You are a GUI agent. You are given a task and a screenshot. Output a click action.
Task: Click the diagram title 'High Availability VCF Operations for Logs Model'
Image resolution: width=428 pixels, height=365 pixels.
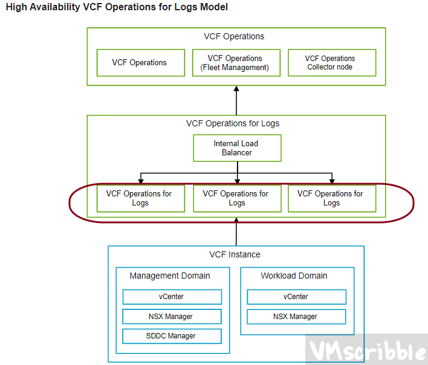tap(117, 8)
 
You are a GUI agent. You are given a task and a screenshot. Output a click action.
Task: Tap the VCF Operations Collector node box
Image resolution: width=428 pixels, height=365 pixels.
tap(331, 63)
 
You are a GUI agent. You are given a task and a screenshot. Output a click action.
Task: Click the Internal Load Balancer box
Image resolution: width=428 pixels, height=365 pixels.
tap(237, 148)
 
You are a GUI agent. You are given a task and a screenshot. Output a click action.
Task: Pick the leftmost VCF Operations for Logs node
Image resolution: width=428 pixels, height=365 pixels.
tap(140, 198)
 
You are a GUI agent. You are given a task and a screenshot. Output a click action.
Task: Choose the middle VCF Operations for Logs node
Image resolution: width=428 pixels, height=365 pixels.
tap(237, 198)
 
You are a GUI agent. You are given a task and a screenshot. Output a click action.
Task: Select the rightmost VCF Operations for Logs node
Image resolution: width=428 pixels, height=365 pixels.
tap(331, 198)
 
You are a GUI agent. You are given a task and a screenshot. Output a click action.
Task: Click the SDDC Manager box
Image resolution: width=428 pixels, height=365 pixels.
tap(172, 336)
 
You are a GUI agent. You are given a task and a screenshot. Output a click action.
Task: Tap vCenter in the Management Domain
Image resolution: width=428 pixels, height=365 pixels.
tap(172, 297)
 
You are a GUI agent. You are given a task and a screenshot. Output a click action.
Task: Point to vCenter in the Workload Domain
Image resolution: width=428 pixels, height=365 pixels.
tap(296, 297)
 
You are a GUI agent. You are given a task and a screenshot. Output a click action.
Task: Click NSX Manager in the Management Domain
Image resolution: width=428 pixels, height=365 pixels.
tap(172, 316)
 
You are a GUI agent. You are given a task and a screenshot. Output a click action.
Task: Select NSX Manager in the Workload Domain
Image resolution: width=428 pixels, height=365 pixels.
tap(296, 316)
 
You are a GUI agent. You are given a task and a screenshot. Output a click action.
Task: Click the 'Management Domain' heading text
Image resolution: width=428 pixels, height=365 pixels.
tap(170, 276)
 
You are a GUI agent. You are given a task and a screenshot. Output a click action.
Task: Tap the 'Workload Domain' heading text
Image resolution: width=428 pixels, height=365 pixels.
tap(294, 276)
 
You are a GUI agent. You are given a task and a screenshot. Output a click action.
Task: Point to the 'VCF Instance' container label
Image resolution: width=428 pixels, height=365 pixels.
tap(235, 254)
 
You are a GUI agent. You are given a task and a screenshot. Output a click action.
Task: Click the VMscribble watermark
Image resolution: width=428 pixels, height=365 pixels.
tap(366, 350)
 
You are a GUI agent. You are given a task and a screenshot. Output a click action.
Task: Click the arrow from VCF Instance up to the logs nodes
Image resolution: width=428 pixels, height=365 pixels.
tap(237, 233)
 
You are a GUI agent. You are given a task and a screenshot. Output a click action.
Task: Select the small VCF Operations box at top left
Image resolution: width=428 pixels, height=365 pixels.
tap(140, 63)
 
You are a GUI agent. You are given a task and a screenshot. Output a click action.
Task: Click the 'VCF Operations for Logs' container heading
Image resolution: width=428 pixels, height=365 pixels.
tap(233, 123)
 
